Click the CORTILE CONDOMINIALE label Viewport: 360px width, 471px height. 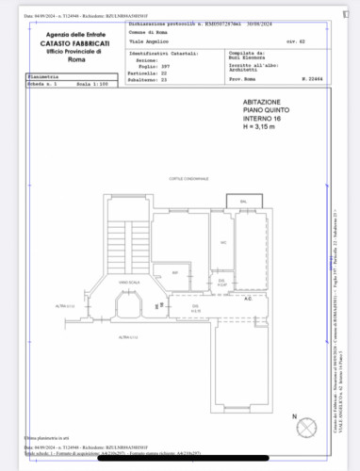click(188, 177)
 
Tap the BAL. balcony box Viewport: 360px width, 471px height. click(243, 202)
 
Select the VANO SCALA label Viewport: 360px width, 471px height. click(130, 283)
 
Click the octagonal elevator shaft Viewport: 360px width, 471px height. click(130, 304)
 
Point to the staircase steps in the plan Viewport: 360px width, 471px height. click(130, 240)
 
